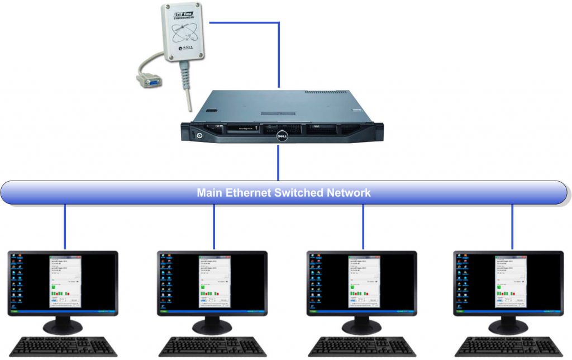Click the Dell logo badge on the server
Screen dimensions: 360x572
(283, 135)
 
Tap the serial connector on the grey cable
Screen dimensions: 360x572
(150, 82)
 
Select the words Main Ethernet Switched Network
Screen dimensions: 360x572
(283, 193)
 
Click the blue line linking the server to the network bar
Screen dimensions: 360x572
(278, 163)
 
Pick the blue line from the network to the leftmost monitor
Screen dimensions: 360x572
(65, 226)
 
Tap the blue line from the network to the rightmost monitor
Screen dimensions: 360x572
(512, 226)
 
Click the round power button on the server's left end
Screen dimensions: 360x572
(193, 135)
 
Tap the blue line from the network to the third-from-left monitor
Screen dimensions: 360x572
(363, 226)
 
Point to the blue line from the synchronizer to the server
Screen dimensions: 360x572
(278, 53)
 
